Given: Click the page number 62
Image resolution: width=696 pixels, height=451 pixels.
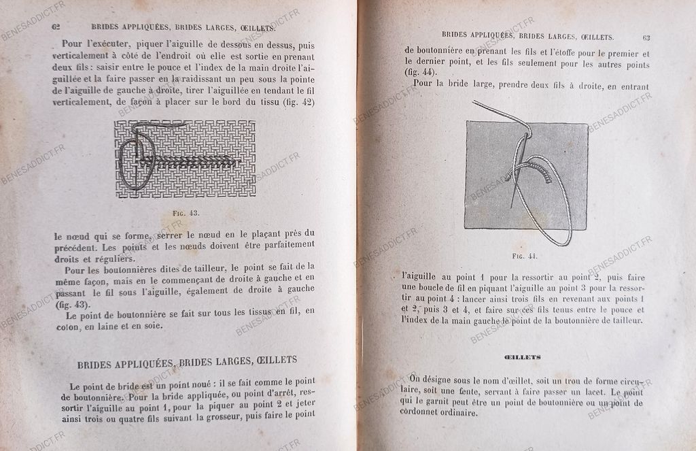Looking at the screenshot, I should pos(56,28).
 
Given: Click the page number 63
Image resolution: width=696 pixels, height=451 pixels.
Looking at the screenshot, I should pos(646,37).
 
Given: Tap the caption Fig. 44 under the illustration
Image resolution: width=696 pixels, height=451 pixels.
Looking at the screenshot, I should pos(524,256).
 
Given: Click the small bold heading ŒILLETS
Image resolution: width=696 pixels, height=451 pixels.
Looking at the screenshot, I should pos(523,356).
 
